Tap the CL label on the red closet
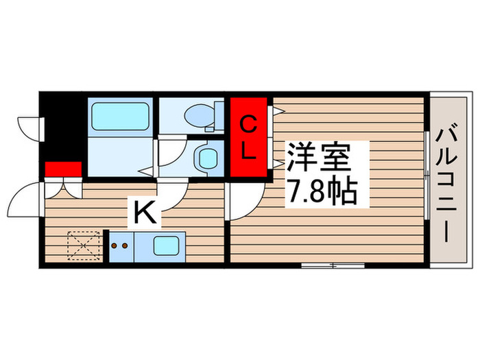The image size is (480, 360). (x=248, y=137)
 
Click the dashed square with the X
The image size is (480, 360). (x=84, y=245)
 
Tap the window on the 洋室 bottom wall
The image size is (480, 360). (x=333, y=265)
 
